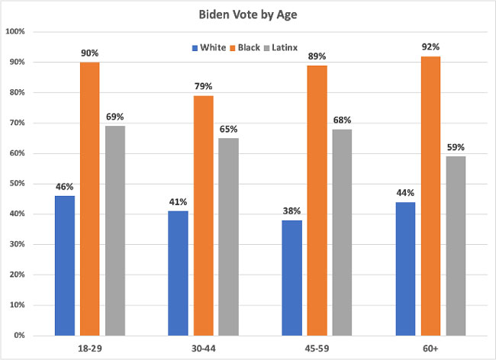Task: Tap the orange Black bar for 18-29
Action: [x=90, y=198]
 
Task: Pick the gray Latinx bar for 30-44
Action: [x=229, y=236]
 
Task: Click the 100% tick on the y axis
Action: [x=15, y=32]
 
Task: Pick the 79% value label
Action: [x=204, y=85]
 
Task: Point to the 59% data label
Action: [x=456, y=146]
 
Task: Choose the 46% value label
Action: [x=65, y=185]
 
